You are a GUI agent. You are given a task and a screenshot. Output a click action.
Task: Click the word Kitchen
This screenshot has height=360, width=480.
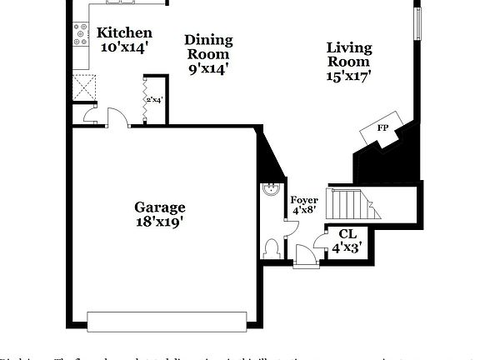pos(124,33)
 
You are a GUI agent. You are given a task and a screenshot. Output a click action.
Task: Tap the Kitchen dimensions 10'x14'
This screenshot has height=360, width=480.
pos(124,47)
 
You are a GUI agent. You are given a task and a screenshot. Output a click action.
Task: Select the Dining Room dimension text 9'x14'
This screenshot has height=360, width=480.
pos(207,68)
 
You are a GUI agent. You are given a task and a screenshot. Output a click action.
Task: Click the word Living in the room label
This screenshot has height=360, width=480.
pos(348,47)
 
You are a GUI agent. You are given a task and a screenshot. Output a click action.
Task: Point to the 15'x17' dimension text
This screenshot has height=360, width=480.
pos(348,76)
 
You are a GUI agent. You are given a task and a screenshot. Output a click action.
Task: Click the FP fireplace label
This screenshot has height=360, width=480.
pos(382,128)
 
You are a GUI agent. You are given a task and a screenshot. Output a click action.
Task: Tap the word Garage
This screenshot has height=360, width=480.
pos(160,207)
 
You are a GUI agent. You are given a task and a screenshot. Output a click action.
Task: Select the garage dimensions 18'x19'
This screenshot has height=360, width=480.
pos(160,222)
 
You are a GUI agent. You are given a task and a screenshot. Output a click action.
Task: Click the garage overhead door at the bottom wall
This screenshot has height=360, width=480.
pos(167,321)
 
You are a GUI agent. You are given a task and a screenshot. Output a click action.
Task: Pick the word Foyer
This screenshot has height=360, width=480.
pos(302,200)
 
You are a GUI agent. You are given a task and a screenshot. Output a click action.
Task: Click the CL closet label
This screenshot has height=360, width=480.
pos(347,236)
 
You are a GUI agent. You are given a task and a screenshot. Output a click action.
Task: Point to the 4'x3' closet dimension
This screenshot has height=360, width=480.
pos(347,248)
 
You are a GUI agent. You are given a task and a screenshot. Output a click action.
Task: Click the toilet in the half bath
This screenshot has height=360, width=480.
pos(271,247)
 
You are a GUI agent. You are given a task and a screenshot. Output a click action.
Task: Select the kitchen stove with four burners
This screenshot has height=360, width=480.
pos(81,33)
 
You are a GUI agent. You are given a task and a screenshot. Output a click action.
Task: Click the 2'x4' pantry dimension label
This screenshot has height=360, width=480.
pos(154,100)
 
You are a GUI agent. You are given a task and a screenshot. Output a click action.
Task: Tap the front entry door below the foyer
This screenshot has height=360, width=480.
pos(305,264)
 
